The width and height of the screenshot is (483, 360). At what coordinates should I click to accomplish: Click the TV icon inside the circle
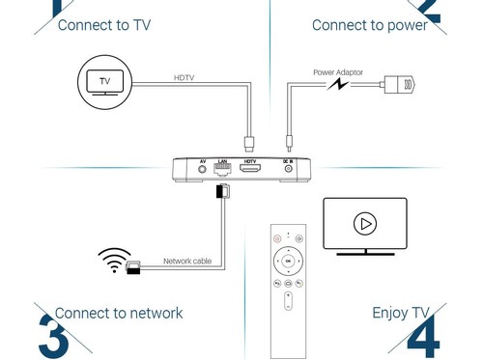pos(105,82)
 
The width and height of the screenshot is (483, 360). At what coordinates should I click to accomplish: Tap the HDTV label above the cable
pos(184,77)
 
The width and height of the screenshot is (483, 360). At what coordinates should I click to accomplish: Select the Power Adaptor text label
pos(338,72)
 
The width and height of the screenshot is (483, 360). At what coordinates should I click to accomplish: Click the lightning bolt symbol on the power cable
pos(338,85)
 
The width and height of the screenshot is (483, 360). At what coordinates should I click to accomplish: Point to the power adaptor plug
pos(399,85)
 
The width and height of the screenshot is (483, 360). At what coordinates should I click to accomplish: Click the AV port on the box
pos(202,169)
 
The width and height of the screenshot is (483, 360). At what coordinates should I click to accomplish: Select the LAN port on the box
pos(222,169)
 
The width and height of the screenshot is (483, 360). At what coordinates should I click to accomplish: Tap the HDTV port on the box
pos(250,168)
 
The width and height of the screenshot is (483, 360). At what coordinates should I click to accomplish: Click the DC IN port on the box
pos(289,168)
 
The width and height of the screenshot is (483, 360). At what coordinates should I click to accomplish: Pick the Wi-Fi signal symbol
pos(114,260)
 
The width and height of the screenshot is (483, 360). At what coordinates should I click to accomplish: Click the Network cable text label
pos(187,261)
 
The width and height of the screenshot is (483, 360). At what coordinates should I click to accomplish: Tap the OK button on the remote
pos(288,261)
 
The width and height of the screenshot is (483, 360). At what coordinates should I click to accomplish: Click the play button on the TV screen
pos(365,223)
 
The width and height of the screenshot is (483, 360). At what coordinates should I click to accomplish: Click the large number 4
pos(424,337)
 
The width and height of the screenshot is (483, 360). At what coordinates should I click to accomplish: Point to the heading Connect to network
pos(119,313)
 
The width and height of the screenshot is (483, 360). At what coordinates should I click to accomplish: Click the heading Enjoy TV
pos(401,313)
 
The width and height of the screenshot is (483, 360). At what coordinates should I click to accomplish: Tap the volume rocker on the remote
pos(288,301)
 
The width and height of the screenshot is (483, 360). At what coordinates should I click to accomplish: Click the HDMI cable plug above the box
pos(249,144)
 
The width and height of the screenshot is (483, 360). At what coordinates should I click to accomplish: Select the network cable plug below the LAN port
pos(223,191)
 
